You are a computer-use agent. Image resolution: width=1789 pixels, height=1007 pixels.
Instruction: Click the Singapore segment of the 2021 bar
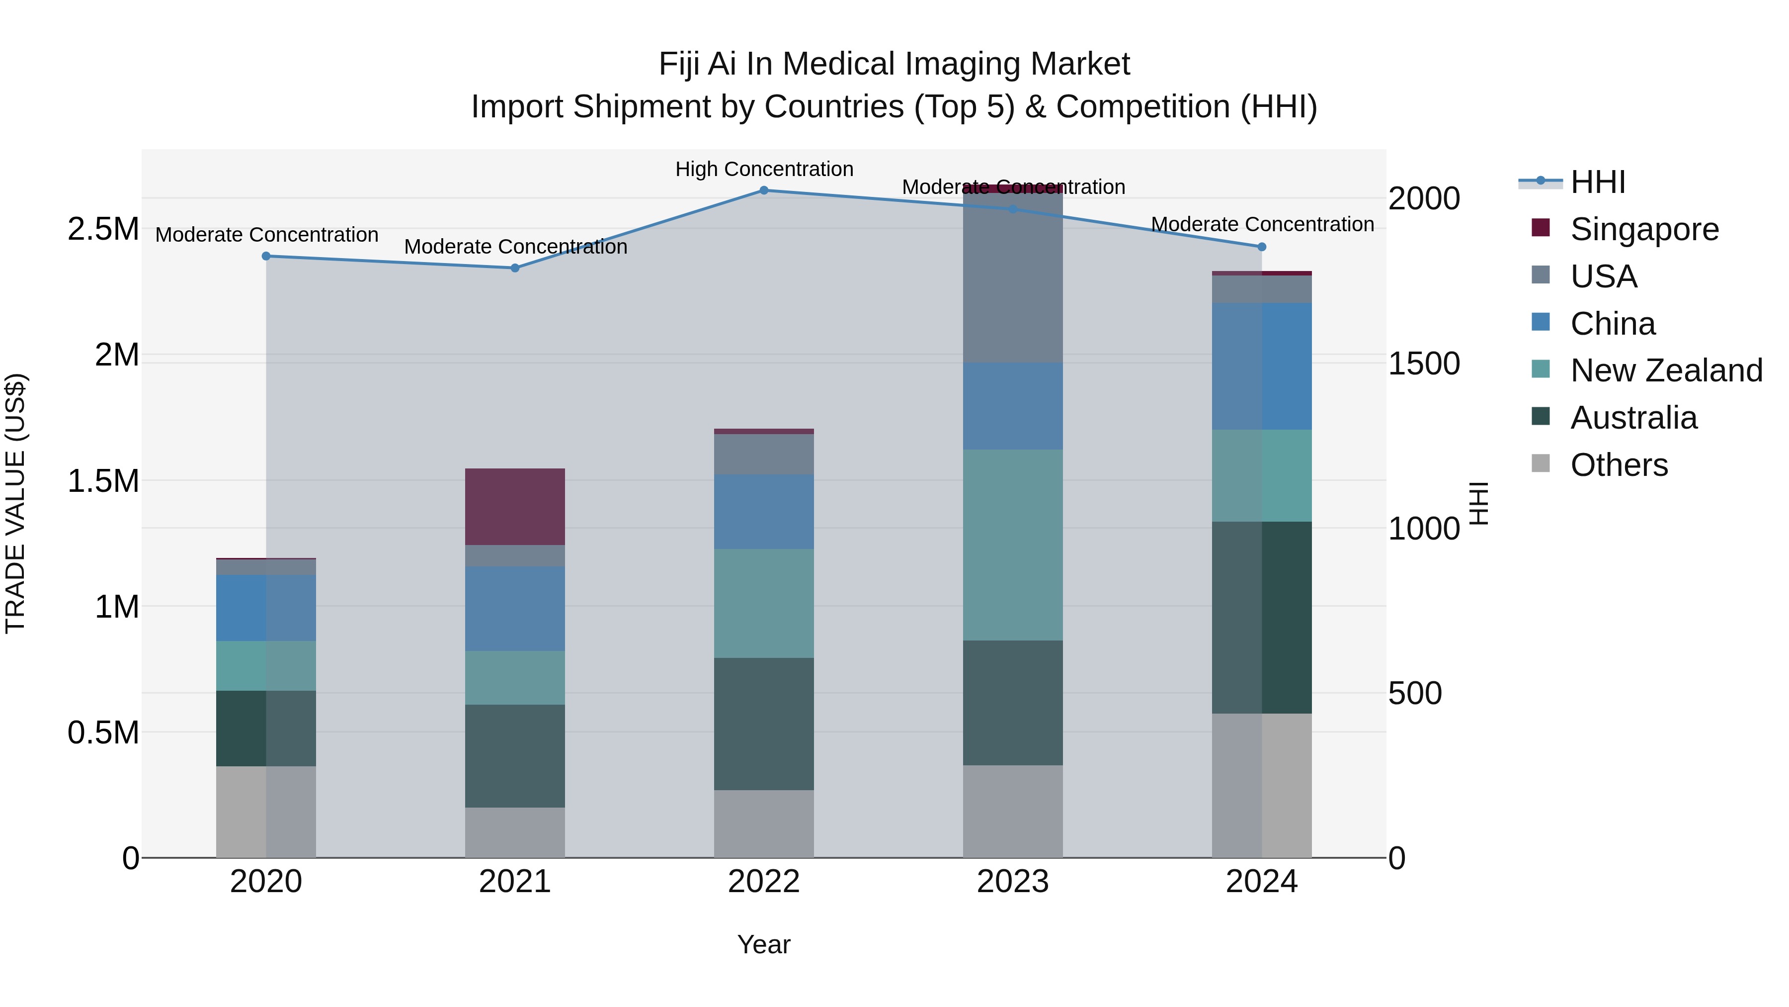point(515,507)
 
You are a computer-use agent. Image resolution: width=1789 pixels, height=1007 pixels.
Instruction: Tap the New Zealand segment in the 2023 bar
point(1013,545)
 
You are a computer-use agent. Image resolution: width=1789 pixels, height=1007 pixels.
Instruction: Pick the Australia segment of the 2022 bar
point(764,724)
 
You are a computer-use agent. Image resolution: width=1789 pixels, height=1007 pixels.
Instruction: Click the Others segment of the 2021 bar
point(515,832)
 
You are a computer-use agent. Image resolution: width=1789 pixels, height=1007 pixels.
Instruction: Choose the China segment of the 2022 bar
point(764,512)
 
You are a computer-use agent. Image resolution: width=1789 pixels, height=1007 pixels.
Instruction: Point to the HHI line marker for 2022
point(764,190)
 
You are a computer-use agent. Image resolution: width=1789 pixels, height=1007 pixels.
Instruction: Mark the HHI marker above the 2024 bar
point(1262,247)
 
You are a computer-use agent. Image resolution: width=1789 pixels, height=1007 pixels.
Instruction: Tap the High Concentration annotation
point(764,169)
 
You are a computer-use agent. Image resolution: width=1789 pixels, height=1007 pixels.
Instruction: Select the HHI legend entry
point(1597,182)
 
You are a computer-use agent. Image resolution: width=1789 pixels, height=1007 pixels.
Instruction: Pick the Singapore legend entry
point(1644,229)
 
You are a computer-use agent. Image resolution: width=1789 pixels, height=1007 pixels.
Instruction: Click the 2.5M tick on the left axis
point(103,229)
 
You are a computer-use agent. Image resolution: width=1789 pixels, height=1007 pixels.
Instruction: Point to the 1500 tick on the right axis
point(1424,364)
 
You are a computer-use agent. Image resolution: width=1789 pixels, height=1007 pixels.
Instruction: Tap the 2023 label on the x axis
point(1013,882)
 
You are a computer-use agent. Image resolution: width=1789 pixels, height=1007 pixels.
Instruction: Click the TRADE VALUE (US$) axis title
point(15,503)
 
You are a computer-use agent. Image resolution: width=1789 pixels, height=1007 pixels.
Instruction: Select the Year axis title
point(764,944)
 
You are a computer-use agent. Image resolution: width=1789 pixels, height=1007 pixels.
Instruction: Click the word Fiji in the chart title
point(678,64)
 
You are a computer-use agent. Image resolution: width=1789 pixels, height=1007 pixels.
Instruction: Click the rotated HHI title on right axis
point(1479,503)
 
